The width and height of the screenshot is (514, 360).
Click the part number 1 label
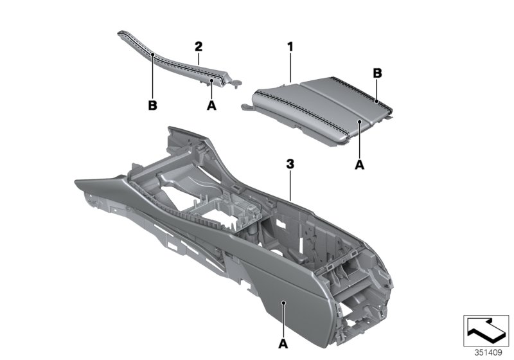(290, 46)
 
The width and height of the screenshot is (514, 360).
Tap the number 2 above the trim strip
(199, 46)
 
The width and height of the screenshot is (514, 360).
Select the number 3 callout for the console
(290, 165)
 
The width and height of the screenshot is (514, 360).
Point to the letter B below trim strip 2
(153, 105)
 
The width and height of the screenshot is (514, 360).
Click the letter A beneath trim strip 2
(211, 105)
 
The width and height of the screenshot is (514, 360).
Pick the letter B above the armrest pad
(378, 74)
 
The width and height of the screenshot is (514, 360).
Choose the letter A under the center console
(283, 343)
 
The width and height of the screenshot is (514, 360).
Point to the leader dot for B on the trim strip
(153, 56)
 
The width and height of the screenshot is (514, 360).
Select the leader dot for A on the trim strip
(211, 81)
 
